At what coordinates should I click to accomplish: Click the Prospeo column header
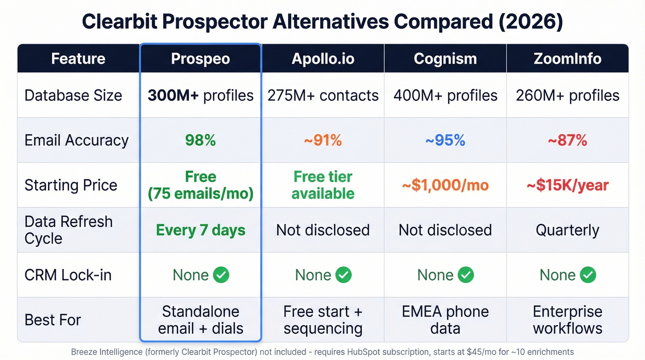(x=200, y=59)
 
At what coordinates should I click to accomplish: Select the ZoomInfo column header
(x=567, y=59)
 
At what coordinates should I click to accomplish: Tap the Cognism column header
(x=445, y=59)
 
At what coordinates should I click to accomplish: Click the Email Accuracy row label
(x=76, y=140)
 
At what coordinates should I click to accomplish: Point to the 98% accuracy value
(x=200, y=140)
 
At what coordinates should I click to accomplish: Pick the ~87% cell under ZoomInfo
(x=567, y=140)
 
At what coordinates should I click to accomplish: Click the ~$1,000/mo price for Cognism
(x=445, y=185)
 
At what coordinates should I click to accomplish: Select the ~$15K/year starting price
(x=567, y=185)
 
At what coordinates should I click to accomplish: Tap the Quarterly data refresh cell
(x=567, y=230)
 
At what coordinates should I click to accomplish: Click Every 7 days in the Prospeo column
(x=200, y=230)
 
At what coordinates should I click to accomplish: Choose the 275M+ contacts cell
(x=323, y=95)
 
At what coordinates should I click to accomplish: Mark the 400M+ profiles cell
(x=445, y=95)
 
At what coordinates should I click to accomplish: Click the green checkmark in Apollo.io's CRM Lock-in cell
(x=343, y=275)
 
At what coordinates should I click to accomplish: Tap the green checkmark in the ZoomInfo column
(x=588, y=275)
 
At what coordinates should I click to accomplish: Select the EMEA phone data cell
(x=445, y=320)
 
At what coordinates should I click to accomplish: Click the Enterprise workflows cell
(x=567, y=320)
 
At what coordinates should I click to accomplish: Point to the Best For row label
(x=53, y=320)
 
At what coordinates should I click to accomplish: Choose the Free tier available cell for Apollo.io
(x=323, y=185)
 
